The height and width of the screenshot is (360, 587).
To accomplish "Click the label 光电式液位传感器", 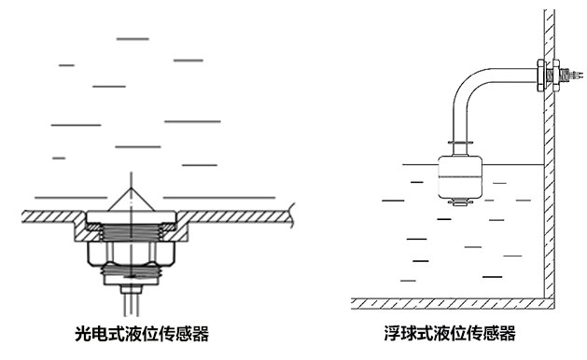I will (x=141, y=333).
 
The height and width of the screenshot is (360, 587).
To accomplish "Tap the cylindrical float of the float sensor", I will (x=458, y=177).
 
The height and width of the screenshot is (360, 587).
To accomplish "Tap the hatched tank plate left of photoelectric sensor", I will (x=51, y=216).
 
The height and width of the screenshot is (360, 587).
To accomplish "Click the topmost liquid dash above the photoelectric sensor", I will (x=132, y=38).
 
